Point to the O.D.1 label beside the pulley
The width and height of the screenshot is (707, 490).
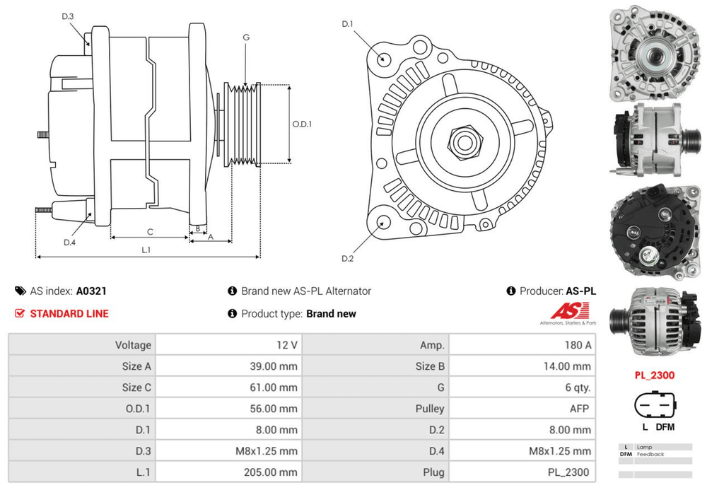(x=302, y=124)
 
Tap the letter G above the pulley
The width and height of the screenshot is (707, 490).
(x=245, y=37)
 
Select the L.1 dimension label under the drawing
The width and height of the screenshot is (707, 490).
(x=146, y=250)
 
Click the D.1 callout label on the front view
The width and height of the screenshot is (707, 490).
(x=347, y=24)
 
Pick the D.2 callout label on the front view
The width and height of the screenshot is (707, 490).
(x=347, y=258)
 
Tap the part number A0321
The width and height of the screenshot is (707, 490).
(x=91, y=291)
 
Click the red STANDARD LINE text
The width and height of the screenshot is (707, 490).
(x=69, y=313)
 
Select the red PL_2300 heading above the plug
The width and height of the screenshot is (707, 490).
(x=655, y=375)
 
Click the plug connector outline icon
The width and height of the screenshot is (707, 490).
(x=655, y=405)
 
